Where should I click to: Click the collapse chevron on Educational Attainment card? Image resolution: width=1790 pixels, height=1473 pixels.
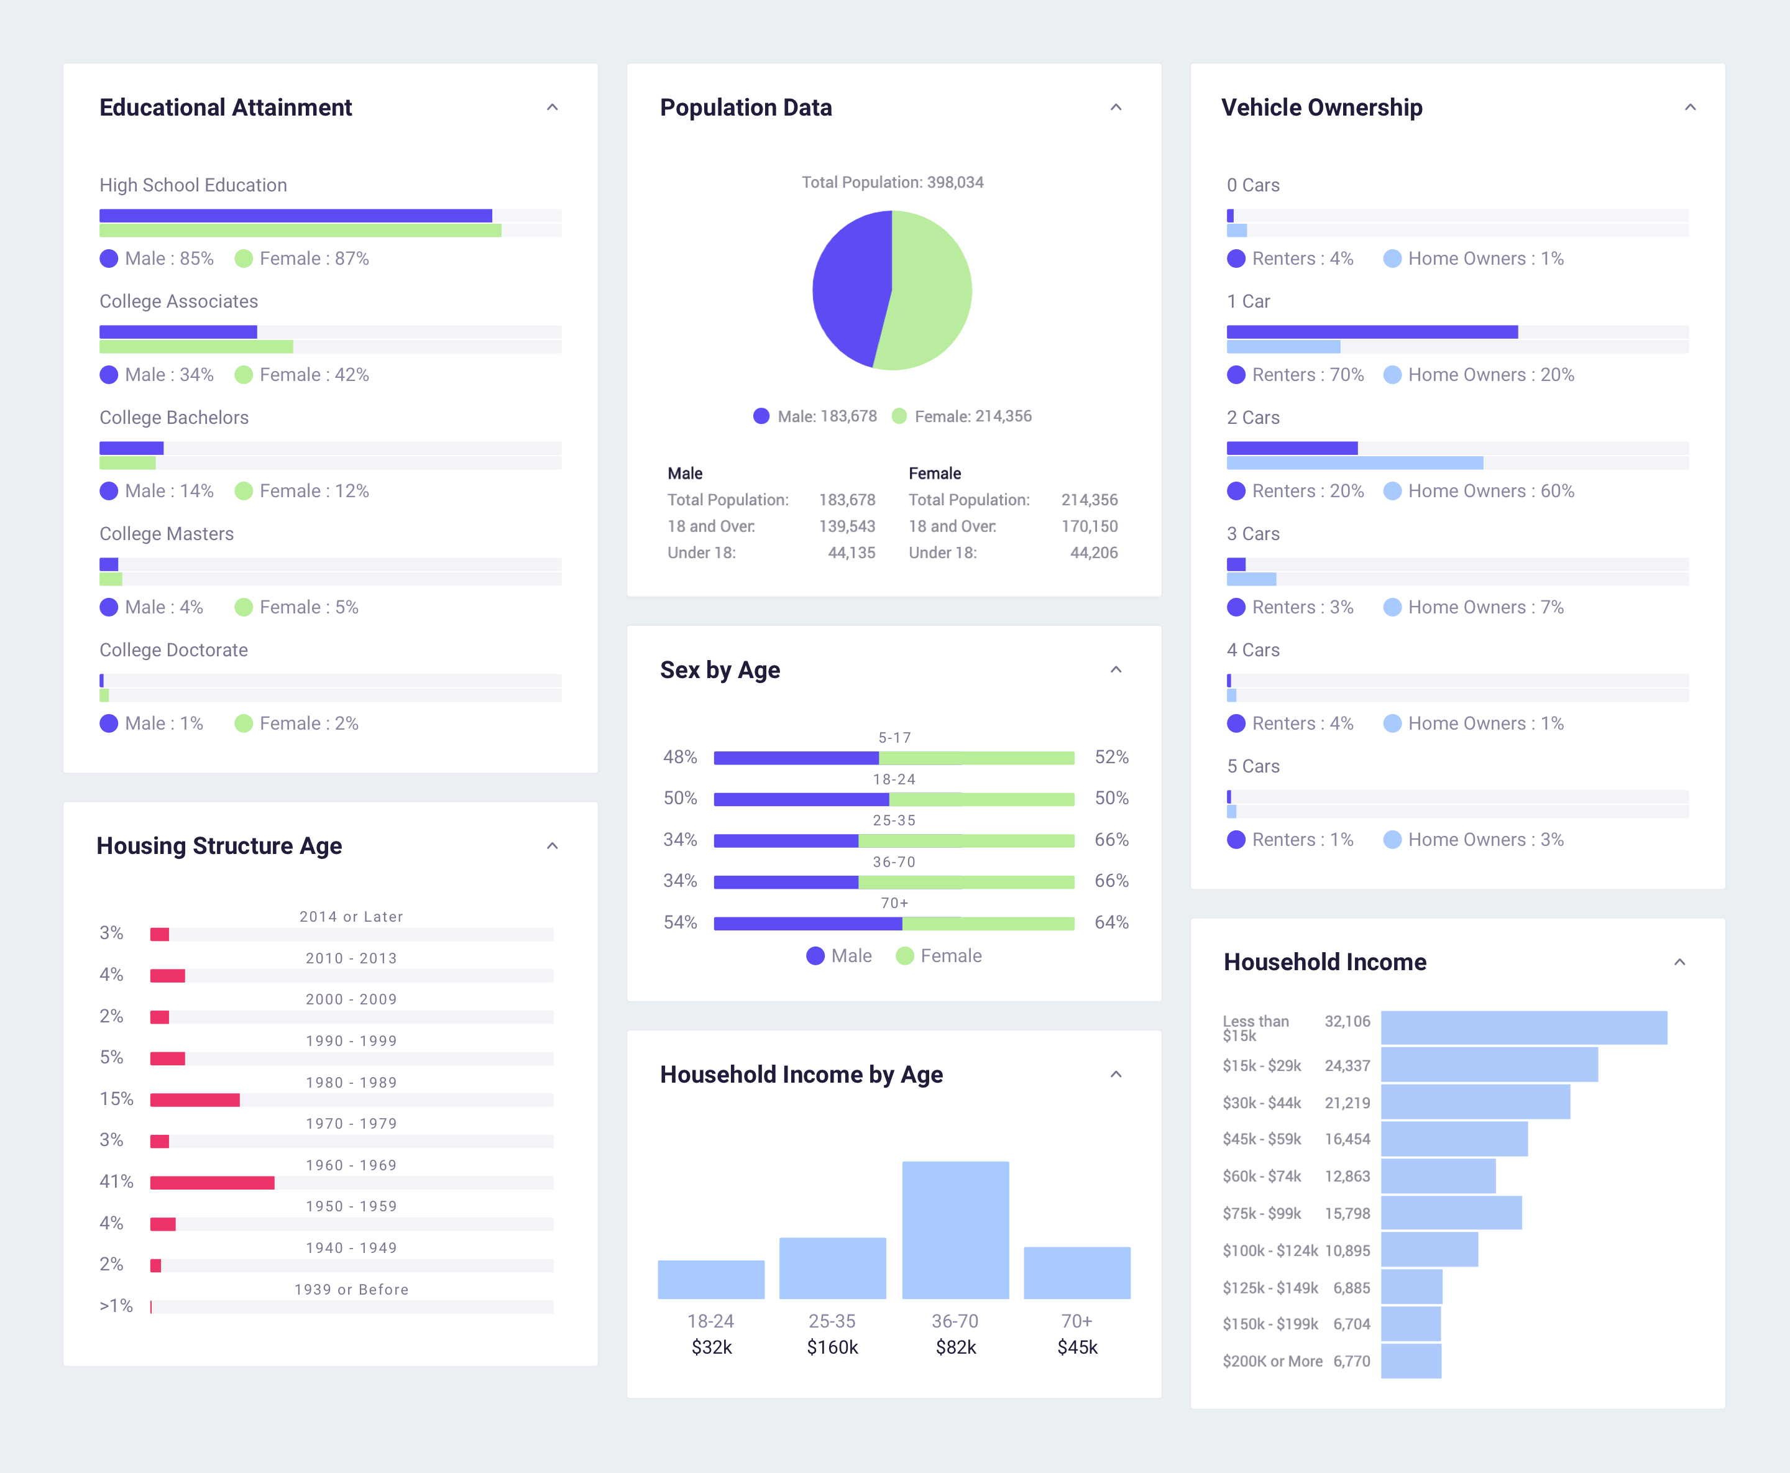point(553,108)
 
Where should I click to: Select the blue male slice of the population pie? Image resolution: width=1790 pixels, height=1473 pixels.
point(848,288)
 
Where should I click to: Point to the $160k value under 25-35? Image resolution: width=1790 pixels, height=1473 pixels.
point(832,1347)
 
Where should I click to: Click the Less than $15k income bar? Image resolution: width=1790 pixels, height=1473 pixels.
point(1523,1027)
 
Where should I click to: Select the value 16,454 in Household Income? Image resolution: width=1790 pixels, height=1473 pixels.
point(1347,1139)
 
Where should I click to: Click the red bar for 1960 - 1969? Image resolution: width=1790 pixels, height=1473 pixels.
point(212,1183)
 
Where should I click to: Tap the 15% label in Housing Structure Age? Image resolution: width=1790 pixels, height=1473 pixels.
point(116,1099)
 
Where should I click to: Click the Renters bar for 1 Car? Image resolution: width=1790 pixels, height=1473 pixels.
point(1372,332)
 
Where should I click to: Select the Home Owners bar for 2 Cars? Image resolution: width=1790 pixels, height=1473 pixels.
point(1355,463)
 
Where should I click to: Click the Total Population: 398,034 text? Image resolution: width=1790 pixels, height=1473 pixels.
point(893,183)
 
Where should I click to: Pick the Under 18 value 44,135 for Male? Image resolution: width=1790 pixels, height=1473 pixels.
point(851,553)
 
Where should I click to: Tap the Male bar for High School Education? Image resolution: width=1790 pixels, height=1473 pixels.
point(295,216)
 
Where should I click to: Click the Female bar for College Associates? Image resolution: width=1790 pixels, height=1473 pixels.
point(196,347)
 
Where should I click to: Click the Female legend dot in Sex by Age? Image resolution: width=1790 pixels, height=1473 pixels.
point(904,957)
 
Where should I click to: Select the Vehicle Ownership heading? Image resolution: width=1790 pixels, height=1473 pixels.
point(1322,108)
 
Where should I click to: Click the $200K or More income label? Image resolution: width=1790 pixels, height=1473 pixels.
point(1272,1361)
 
